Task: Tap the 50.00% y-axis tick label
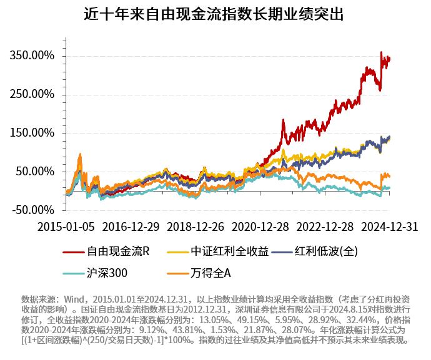pos(35,172)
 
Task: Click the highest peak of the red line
pos(381,53)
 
